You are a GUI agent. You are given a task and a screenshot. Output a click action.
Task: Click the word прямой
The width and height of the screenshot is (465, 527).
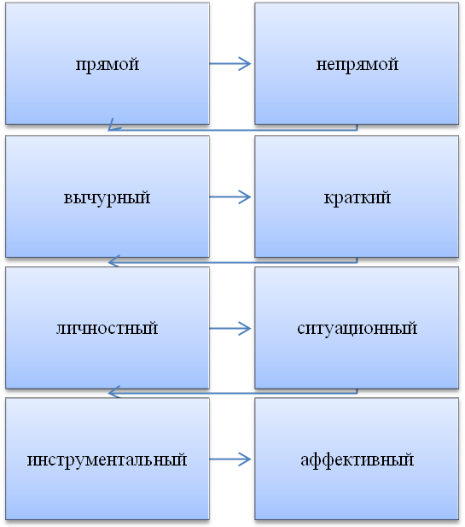click(x=108, y=64)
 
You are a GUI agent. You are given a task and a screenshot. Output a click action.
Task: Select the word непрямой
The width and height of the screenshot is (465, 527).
click(x=357, y=64)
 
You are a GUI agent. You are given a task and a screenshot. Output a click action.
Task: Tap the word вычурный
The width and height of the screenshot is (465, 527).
click(x=108, y=197)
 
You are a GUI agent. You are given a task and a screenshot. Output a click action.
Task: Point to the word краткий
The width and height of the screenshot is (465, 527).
click(x=357, y=197)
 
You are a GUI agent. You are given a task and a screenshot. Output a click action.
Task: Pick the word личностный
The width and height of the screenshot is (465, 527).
click(x=108, y=328)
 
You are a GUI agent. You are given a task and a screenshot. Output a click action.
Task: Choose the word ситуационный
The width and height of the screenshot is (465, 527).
click(x=357, y=328)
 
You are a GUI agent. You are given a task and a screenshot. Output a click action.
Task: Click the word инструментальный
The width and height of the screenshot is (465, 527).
click(x=108, y=460)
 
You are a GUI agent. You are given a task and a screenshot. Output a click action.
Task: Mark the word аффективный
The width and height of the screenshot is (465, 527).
click(x=357, y=460)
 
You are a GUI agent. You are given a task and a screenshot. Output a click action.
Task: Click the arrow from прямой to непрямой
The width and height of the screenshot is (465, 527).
click(x=230, y=63)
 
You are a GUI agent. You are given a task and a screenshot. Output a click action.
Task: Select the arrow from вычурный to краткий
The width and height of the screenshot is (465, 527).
click(x=230, y=197)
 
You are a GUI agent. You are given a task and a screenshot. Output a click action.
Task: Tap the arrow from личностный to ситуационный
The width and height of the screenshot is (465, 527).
click(x=230, y=328)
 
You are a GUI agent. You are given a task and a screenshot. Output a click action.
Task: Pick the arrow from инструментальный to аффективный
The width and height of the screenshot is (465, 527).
click(x=230, y=460)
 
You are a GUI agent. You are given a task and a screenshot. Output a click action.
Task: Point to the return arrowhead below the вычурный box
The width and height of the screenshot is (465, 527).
click(x=113, y=261)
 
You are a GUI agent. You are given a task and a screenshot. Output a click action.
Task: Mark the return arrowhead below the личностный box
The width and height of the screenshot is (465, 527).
click(x=113, y=392)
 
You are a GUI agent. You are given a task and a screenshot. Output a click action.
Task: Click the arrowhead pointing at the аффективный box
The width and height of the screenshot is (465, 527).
click(x=245, y=460)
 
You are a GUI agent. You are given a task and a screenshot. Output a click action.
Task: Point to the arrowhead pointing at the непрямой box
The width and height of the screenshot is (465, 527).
click(x=245, y=63)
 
